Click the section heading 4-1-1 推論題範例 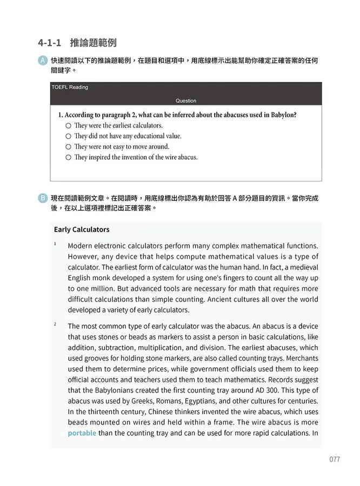(77, 42)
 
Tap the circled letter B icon (43, 198)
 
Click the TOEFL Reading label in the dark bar (70, 87)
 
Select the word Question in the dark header (186, 100)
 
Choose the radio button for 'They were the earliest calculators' (68, 126)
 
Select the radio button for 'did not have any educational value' (68, 137)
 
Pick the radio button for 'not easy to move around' (68, 147)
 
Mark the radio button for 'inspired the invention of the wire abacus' (68, 158)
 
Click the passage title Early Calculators (82, 230)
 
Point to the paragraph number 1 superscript (55, 244)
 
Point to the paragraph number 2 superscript (55, 324)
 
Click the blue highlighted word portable (82, 433)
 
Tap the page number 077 (334, 460)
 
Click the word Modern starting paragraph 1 (81, 246)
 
